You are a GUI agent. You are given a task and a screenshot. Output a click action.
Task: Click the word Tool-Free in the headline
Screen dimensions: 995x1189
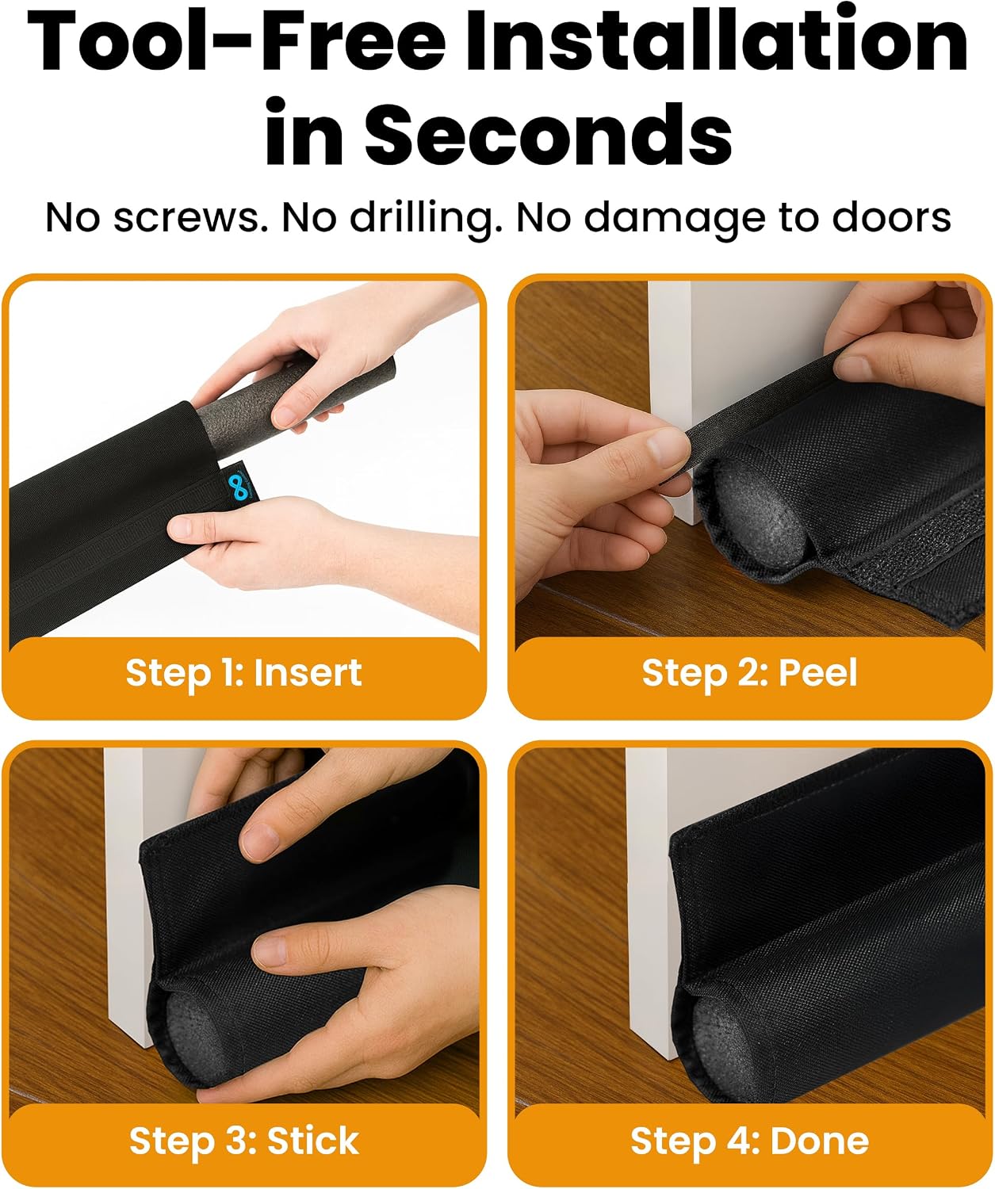tap(236, 43)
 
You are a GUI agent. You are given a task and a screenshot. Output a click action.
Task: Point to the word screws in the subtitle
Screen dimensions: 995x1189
tap(190, 217)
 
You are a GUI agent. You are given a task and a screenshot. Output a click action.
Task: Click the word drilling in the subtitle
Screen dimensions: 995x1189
tap(427, 218)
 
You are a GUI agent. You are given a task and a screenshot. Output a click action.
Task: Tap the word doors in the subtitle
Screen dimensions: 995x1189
tap(891, 217)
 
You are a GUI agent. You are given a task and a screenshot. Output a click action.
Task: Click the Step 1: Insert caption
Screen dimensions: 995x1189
tap(243, 673)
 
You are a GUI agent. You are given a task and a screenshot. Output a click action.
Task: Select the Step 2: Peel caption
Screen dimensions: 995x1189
tap(749, 673)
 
